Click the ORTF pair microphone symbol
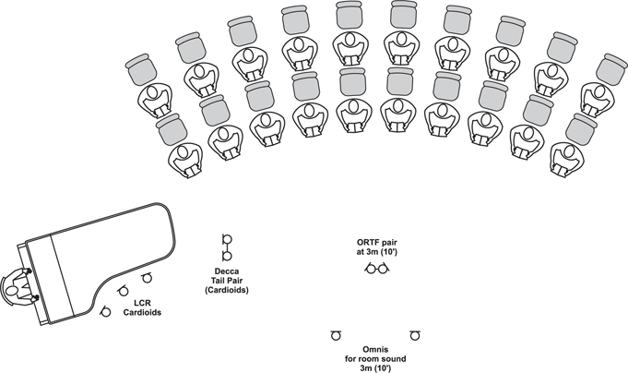[377, 268]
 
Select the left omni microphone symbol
[336, 335]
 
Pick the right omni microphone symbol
[415, 335]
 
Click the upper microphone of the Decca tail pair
[227, 239]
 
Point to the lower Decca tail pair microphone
[227, 256]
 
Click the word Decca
[227, 272]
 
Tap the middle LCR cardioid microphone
[123, 291]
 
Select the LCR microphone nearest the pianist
[105, 311]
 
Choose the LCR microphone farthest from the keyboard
[147, 277]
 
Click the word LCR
[142, 303]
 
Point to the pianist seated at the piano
[16, 285]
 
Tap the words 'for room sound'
[375, 358]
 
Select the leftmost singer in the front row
[185, 161]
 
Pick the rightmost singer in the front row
[567, 159]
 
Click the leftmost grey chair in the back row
[140, 68]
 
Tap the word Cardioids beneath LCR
[142, 312]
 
